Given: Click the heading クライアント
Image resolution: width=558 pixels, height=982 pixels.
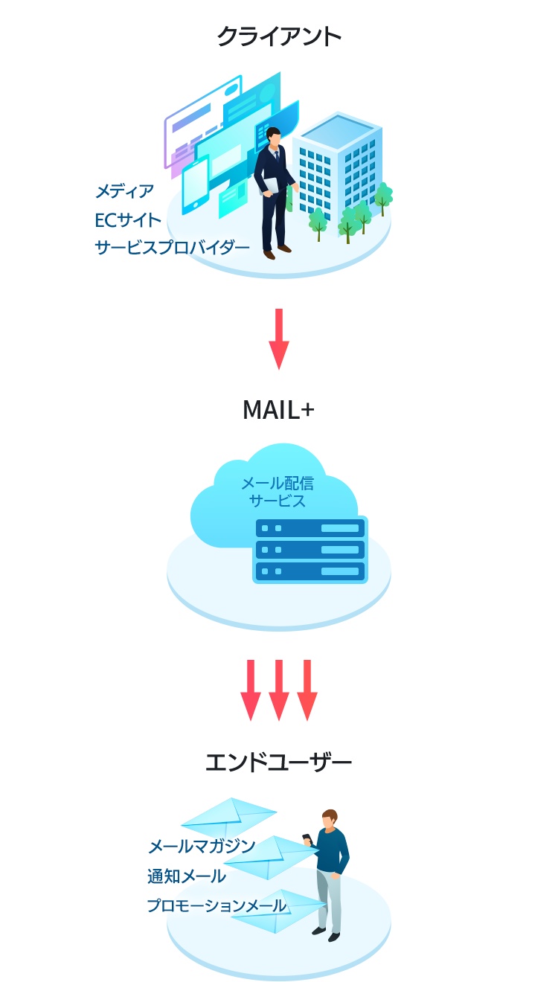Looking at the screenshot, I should (x=279, y=37).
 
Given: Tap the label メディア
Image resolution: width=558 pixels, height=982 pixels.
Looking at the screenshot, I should (x=124, y=192).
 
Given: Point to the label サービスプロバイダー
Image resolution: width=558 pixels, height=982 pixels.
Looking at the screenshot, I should (x=172, y=248).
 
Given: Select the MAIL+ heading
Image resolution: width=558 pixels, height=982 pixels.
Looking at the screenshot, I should (x=278, y=410).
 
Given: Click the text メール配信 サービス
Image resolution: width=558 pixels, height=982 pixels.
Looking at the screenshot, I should (x=278, y=492).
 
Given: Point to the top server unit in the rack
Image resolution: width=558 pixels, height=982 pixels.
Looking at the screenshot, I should (x=310, y=528).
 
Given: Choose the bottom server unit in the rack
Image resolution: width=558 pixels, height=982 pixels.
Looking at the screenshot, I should (x=310, y=571).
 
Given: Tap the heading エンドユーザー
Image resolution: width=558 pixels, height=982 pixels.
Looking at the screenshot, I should (x=278, y=763).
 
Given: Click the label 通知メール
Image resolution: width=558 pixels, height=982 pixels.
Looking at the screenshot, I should (x=186, y=876).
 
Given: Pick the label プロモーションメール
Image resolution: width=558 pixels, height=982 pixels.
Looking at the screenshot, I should (x=216, y=906).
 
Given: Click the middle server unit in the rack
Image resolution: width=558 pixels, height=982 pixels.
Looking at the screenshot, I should (x=310, y=550).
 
